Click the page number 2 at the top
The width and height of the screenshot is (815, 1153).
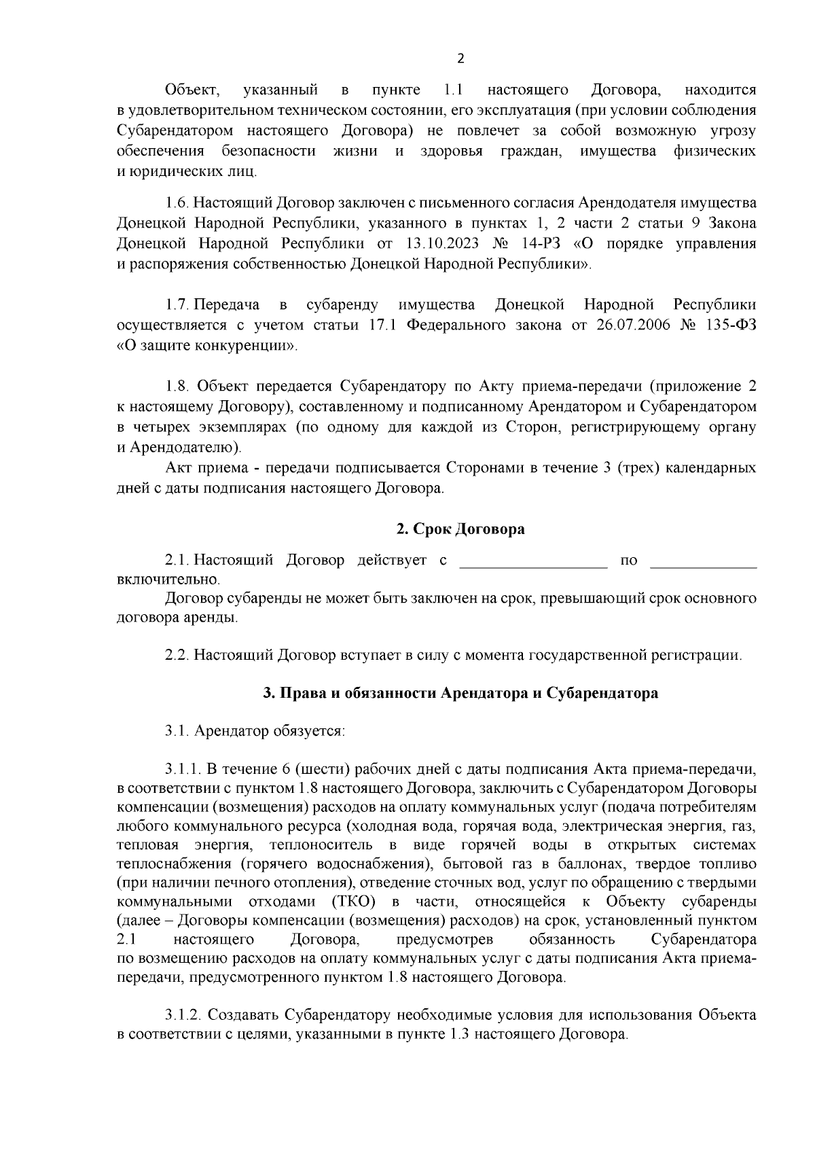tap(460, 58)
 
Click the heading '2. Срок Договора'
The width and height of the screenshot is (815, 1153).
tap(460, 529)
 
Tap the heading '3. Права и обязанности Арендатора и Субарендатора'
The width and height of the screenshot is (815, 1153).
tap(460, 694)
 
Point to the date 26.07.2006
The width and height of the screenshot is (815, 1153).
tap(632, 325)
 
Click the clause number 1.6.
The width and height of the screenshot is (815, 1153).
tap(177, 203)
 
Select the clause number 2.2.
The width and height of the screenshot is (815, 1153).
tap(177, 656)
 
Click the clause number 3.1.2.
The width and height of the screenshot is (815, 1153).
tap(183, 1015)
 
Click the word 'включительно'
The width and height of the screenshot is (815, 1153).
tap(168, 581)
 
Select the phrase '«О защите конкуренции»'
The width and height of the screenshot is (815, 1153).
tap(207, 346)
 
